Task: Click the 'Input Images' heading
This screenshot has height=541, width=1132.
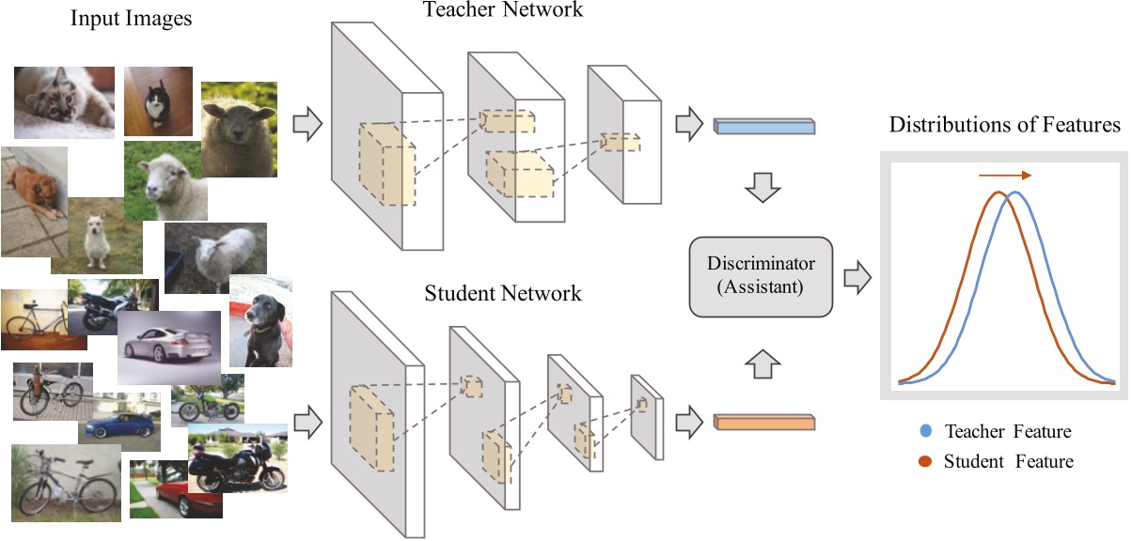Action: click(x=131, y=19)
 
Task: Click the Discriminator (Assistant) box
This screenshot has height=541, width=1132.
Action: click(x=761, y=277)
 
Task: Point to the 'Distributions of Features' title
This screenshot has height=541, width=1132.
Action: click(x=1004, y=125)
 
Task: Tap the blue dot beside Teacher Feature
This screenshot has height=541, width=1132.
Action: click(x=927, y=431)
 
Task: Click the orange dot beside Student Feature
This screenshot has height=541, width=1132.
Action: click(x=927, y=460)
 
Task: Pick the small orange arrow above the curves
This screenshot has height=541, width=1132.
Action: click(x=1004, y=175)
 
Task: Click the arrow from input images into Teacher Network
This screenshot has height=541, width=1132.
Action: click(x=307, y=124)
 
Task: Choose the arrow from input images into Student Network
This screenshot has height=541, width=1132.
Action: click(x=307, y=424)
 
